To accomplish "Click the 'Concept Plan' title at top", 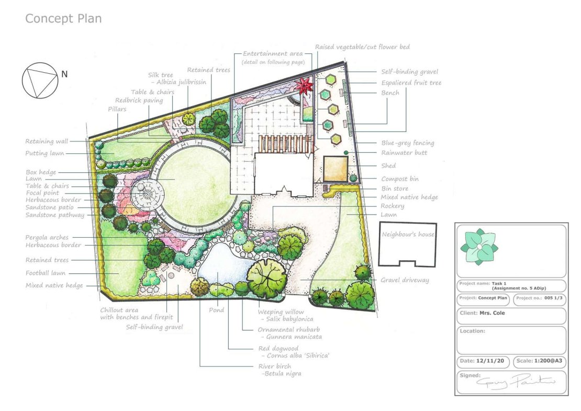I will pos(63,19).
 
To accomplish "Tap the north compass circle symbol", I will pos(39,80).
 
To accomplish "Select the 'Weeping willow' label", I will pos(281,312).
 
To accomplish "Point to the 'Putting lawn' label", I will pos(44,153).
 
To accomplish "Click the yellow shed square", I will pos(336,169).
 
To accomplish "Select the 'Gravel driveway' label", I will pos(405,280).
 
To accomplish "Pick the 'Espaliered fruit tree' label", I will pos(411,83).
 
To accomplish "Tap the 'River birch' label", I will pos(275,366).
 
